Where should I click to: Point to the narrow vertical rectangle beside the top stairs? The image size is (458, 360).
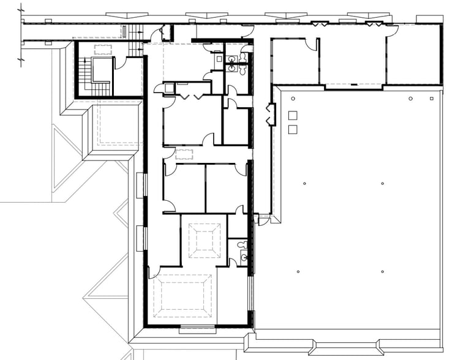point(124,31)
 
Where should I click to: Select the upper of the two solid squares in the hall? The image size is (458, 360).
point(292,114)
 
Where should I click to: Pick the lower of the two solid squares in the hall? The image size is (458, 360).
point(292,129)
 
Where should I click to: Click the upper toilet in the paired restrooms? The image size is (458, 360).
point(244,56)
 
